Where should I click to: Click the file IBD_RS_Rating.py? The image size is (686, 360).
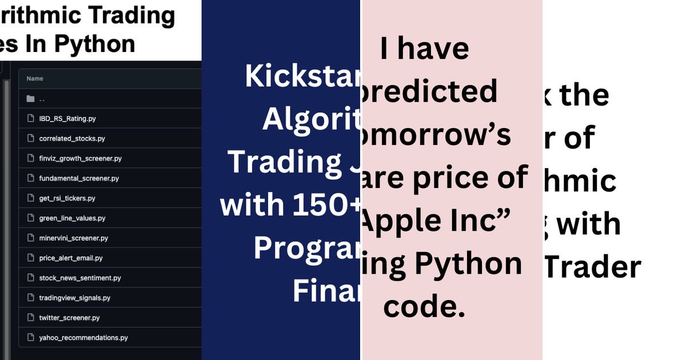tap(67, 119)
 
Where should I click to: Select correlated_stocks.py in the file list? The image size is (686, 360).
tap(72, 139)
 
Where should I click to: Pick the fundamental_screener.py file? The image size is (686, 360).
tap(79, 178)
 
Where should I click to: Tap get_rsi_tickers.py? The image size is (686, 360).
tap(67, 198)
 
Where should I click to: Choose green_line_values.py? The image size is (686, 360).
tap(72, 218)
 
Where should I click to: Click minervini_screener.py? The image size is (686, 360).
tap(73, 238)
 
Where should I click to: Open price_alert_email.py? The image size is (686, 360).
tap(71, 258)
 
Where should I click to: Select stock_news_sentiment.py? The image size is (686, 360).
tap(80, 278)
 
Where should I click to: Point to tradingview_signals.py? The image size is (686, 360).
tap(74, 298)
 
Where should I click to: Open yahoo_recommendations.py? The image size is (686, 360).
tap(83, 338)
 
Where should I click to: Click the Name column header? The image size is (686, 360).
tap(35, 79)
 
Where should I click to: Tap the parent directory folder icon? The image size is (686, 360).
tap(31, 99)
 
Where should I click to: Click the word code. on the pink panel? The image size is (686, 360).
tap(424, 307)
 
